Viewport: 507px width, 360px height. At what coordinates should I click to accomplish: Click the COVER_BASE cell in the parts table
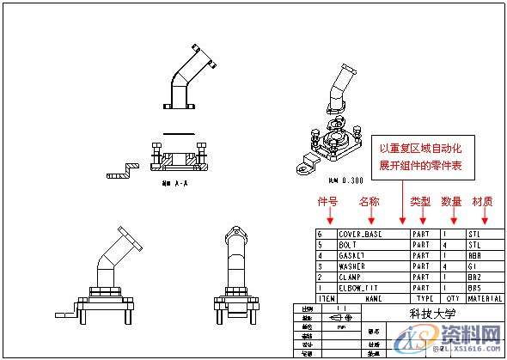360,233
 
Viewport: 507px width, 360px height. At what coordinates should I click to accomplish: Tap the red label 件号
328,201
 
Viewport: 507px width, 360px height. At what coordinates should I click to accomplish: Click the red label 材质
482,201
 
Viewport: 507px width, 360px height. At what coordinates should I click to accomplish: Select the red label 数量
451,201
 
